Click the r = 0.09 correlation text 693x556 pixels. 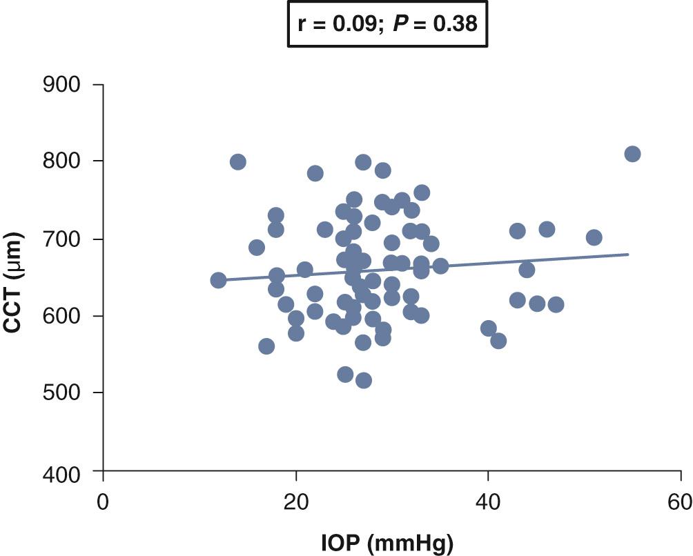pos(333,23)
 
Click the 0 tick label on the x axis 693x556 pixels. pos(103,501)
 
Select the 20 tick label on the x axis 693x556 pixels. pos(296,501)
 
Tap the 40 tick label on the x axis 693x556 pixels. pos(488,501)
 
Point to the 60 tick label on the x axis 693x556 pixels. pos(681,501)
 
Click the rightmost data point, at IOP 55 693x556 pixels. pos(632,154)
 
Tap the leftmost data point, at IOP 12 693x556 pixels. pos(218,280)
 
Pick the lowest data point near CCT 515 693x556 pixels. pos(364,380)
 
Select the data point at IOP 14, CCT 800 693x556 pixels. pos(237,162)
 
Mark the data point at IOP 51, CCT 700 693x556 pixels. pos(594,238)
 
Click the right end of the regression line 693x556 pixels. pos(628,255)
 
